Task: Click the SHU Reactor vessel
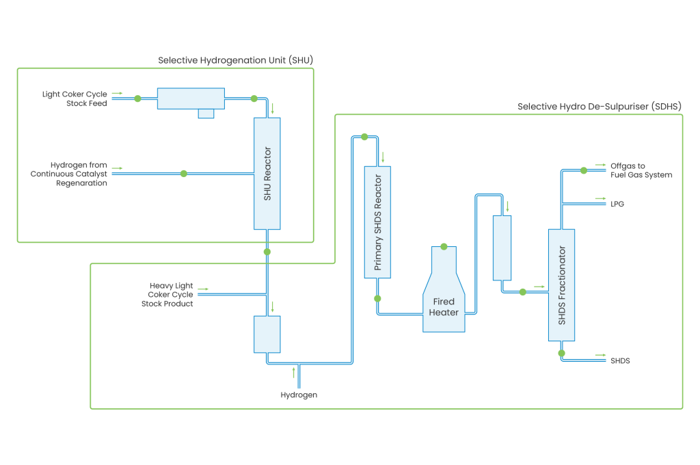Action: pos(267,173)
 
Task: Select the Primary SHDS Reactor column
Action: pos(377,222)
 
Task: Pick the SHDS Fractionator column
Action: pos(561,284)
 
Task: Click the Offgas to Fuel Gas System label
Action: pos(641,170)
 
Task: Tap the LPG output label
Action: pos(617,204)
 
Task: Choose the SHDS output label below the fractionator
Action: pos(620,360)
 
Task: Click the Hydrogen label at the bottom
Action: pos(299,395)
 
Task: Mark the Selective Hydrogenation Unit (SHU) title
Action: pos(236,60)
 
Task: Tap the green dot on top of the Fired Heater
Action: pos(444,246)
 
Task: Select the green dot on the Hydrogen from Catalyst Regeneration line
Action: pos(183,174)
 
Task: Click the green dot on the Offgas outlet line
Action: pos(583,170)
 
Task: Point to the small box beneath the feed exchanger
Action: pos(206,114)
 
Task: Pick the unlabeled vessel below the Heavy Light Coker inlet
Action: pos(267,334)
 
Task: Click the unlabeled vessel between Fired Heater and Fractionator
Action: pos(502,248)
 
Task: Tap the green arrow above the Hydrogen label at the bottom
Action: pos(295,372)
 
